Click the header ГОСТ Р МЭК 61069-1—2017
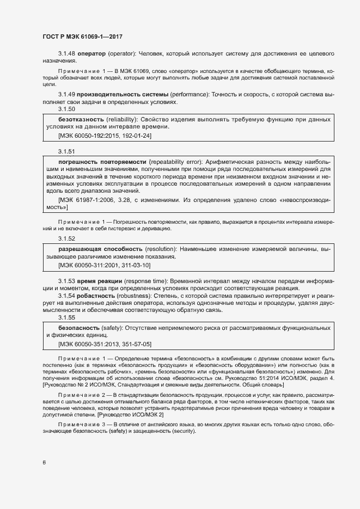[x=82, y=36]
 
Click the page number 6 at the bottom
[x=44, y=463]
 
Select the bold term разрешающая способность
[x=101, y=249]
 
